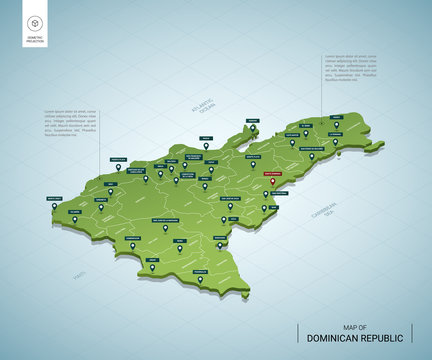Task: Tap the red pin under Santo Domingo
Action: click(x=272, y=183)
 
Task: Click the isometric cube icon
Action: click(x=35, y=23)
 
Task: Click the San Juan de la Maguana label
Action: click(x=165, y=218)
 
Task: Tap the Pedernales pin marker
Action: click(x=199, y=280)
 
